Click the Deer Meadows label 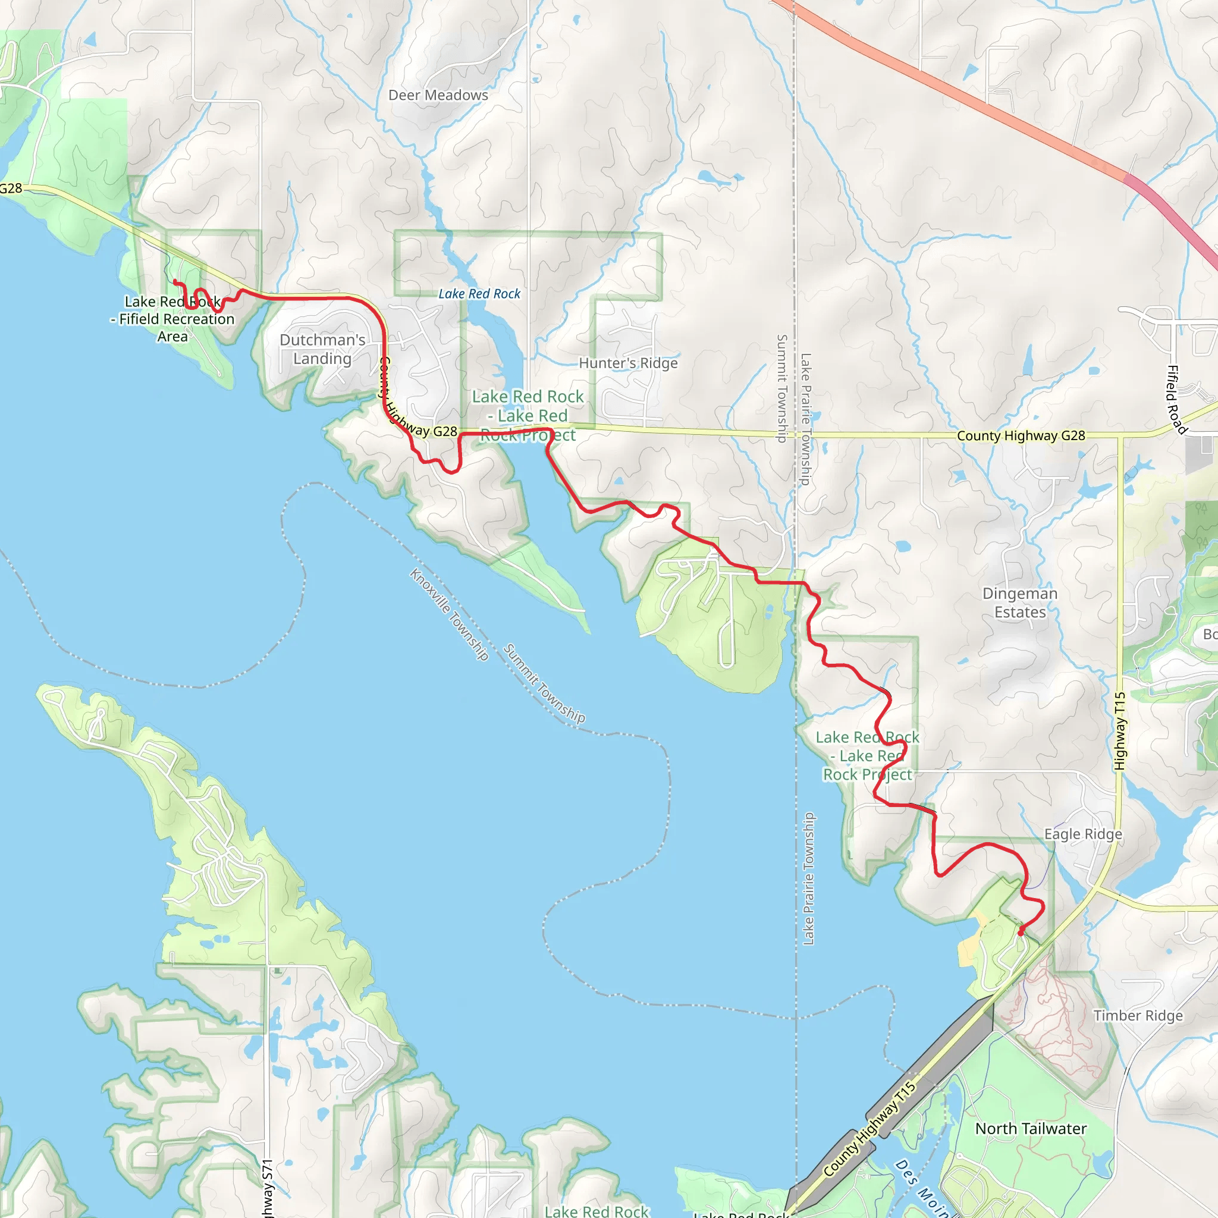tap(438, 95)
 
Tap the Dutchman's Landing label tap(322, 349)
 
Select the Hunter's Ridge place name tap(628, 363)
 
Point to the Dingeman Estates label tap(1019, 602)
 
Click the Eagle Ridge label tap(1083, 834)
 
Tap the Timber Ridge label tap(1138, 1015)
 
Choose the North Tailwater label tap(1031, 1128)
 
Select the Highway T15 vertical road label tap(1120, 731)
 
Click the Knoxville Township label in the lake tap(449, 614)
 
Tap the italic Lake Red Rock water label tap(479, 294)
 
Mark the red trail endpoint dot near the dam tap(1020, 931)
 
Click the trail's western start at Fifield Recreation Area tap(175, 281)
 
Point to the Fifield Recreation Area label tap(172, 319)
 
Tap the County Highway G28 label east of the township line tap(1021, 435)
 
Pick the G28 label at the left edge tap(11, 188)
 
